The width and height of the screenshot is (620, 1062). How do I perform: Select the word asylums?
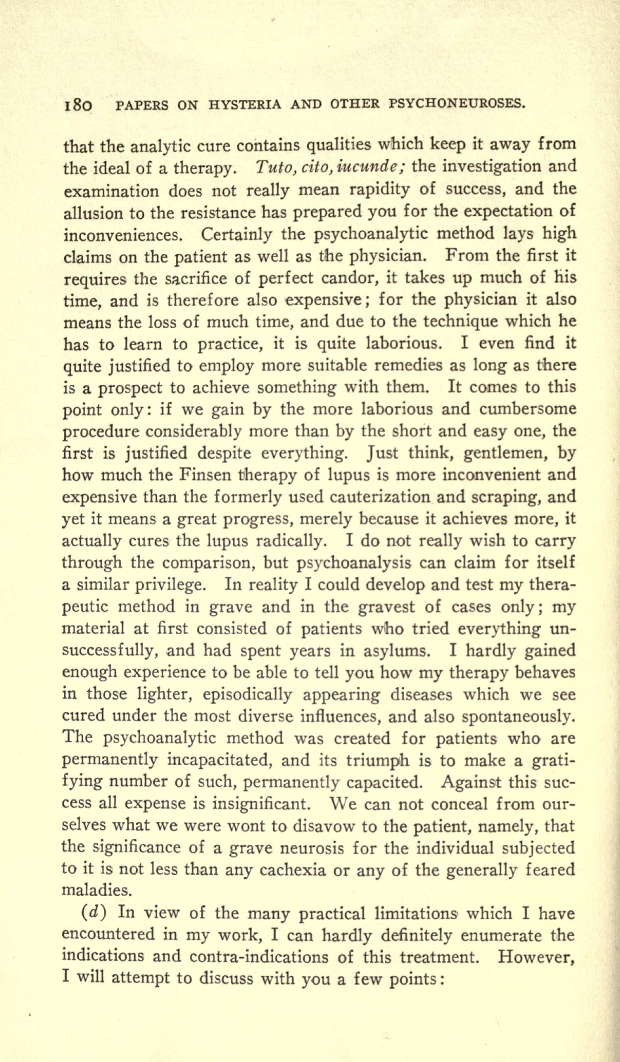388,650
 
